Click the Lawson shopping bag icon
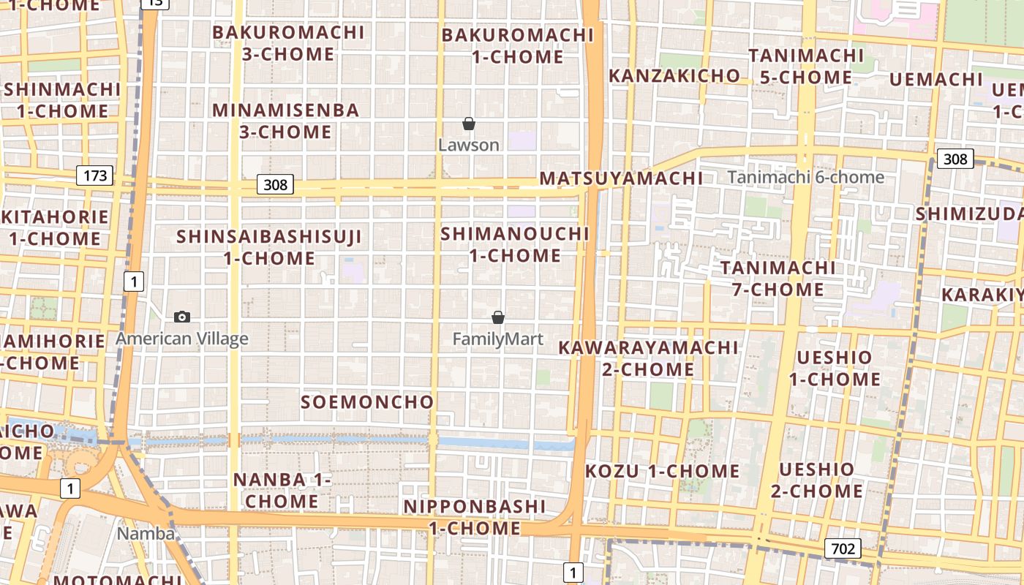coord(469,124)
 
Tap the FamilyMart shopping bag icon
coord(498,317)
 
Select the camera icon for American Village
coord(182,317)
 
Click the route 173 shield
coord(95,175)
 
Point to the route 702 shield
coord(843,548)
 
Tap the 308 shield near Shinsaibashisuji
coord(275,184)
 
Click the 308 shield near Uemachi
coord(955,159)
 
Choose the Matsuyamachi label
coord(621,178)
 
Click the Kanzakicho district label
coord(674,75)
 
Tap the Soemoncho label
coord(367,401)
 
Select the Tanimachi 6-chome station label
coord(806,177)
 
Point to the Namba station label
coord(146,533)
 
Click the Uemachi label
coord(936,79)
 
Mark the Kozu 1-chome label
coord(662,471)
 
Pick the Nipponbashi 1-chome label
coord(475,517)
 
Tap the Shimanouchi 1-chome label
coord(515,244)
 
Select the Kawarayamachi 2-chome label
coord(648,358)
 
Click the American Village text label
coord(182,339)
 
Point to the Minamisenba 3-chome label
coord(286,121)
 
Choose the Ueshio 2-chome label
coord(816,480)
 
